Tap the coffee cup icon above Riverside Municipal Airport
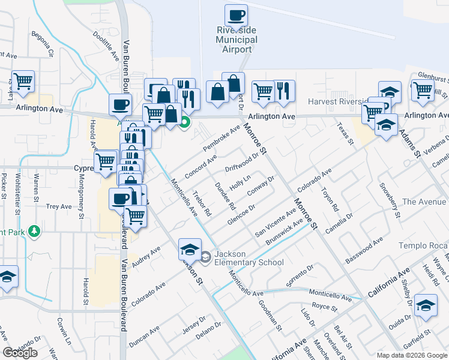[x=236, y=15]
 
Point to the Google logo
[x=20, y=353]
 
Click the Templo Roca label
[x=423, y=246]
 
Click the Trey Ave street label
[x=59, y=206]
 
